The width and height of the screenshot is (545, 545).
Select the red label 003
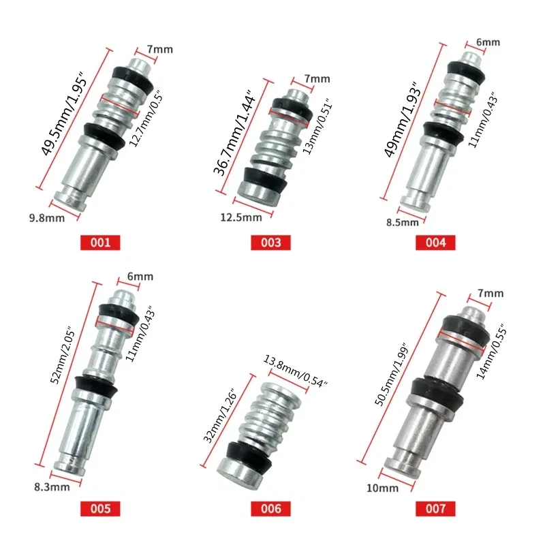coord(270,242)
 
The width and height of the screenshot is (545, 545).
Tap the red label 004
coord(437,242)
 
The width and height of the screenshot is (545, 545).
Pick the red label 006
coord(270,508)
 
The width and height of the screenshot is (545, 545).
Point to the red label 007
coord(437,508)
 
